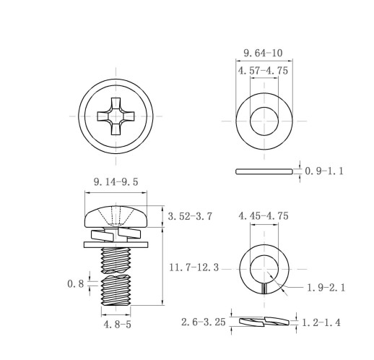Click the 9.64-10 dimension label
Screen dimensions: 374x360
[263, 53]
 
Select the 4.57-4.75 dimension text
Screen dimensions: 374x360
[263, 71]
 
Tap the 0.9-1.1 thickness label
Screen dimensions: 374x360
[324, 171]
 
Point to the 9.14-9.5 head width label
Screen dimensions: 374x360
[116, 182]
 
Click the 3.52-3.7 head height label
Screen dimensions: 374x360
[190, 216]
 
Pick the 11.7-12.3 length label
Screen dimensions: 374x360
[194, 267]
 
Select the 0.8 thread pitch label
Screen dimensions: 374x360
[76, 284]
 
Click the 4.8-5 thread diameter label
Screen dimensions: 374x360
[118, 325]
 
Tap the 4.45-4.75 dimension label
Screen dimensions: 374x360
[264, 216]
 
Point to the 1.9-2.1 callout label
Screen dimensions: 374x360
[326, 288]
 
